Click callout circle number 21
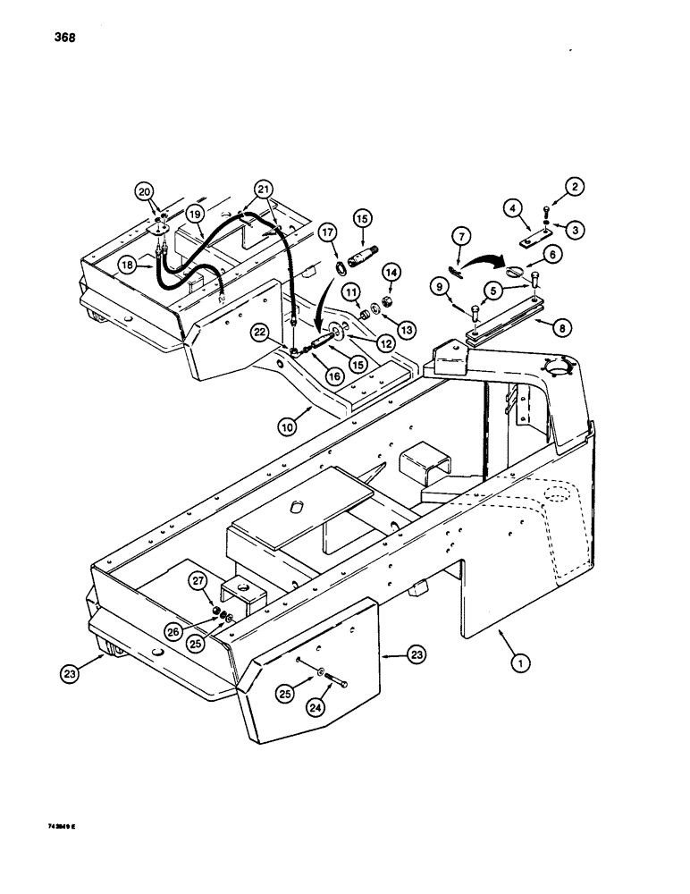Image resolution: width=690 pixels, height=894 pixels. pos(262,189)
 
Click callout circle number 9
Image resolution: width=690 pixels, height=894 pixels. pos(438,288)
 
